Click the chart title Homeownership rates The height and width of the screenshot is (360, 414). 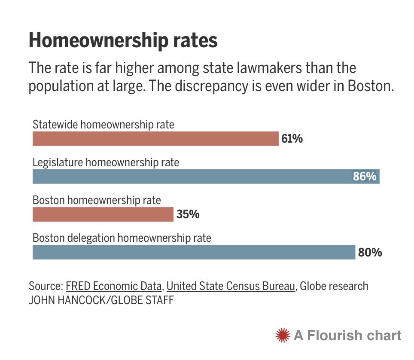123,41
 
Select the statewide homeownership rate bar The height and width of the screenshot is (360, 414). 155,139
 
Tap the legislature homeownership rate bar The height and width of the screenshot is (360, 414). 193,177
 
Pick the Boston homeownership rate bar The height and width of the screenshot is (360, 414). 103,214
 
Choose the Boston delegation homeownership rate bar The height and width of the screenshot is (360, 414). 193,252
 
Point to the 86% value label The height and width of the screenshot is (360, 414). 365,177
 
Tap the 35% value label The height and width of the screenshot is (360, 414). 188,214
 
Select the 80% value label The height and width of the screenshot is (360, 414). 370,252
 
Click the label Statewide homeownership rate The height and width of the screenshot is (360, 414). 103,125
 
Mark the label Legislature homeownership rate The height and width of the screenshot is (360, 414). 106,163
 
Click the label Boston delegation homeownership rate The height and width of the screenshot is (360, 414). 122,238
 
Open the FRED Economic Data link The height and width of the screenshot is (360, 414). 114,286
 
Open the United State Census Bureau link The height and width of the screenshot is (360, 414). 231,286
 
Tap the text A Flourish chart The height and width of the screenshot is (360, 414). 347,335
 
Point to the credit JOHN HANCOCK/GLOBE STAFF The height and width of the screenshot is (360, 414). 101,300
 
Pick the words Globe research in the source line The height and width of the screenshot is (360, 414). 334,286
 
